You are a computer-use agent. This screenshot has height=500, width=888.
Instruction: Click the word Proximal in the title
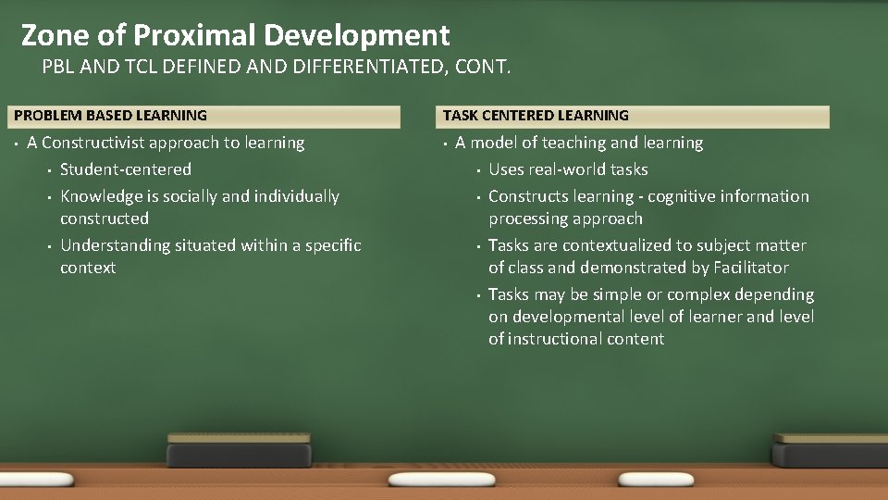[193, 35]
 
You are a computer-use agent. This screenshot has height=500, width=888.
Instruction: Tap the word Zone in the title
[54, 35]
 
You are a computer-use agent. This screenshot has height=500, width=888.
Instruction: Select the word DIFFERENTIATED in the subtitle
[333, 67]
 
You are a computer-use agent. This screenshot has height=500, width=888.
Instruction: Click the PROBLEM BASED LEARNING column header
[111, 116]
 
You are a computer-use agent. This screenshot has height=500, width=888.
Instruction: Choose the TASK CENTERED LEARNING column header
[536, 116]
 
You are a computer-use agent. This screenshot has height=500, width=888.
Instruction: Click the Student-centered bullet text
[126, 169]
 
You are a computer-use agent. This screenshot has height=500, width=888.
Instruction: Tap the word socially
[189, 196]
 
